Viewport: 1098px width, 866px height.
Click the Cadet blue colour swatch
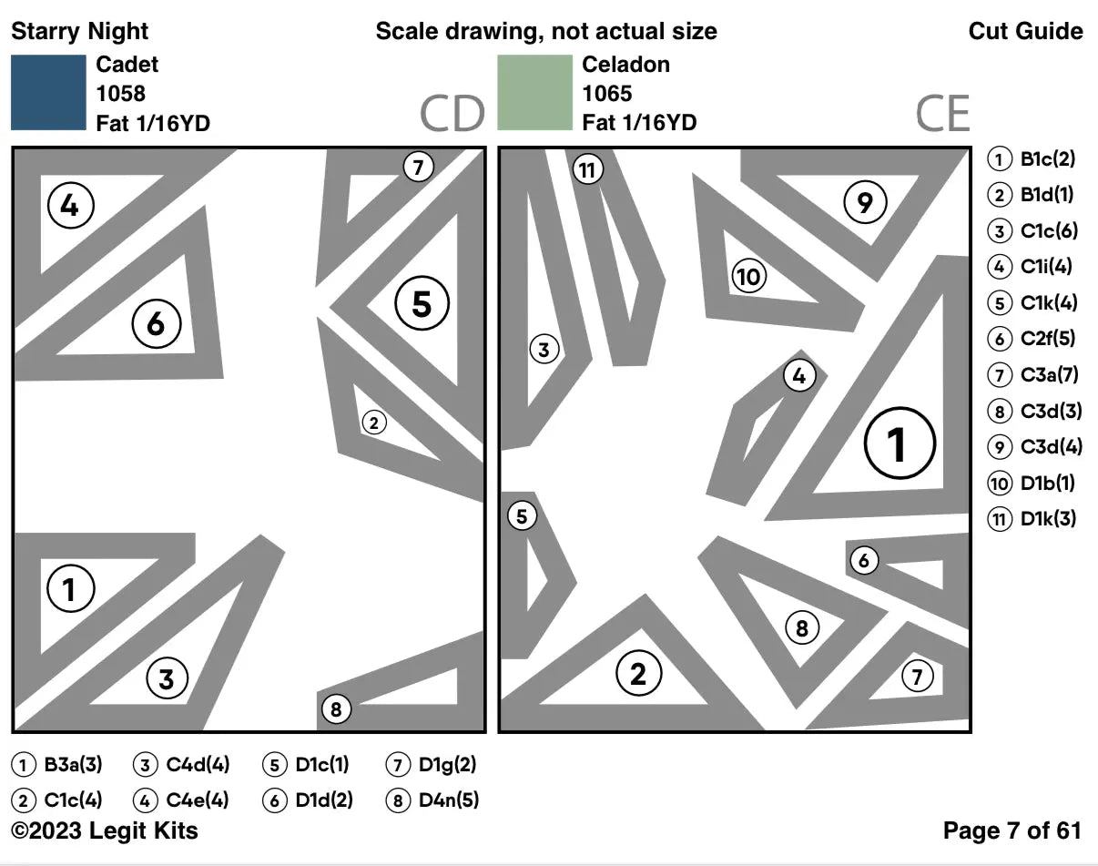tap(47, 93)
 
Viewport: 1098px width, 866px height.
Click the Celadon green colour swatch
tap(534, 93)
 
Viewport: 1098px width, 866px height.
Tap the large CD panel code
tap(451, 115)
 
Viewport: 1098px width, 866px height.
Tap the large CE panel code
tap(942, 115)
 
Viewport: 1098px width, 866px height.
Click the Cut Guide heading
tap(1025, 32)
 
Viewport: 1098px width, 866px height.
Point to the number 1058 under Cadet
tap(120, 94)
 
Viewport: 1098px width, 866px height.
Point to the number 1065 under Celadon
tap(607, 94)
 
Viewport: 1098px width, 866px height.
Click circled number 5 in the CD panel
tap(422, 303)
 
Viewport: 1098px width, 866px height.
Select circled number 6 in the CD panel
tap(157, 323)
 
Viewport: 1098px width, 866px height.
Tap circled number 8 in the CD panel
tap(336, 708)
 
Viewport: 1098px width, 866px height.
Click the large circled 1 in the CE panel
tap(899, 444)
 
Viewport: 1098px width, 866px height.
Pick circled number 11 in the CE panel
tap(588, 169)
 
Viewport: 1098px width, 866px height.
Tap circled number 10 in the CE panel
tap(748, 277)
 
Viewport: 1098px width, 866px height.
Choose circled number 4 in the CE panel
tap(798, 375)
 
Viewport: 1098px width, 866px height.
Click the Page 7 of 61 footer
tap(1012, 830)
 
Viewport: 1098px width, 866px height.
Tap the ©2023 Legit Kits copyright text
tap(104, 830)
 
